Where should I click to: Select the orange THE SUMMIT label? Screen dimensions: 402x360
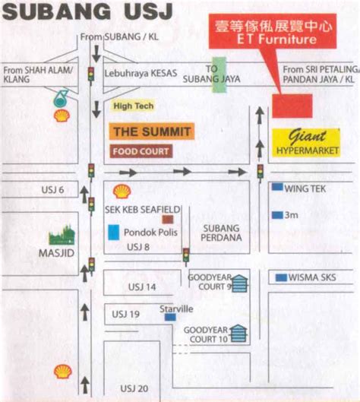tap(151, 131)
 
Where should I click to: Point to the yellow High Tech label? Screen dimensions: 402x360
tap(134, 106)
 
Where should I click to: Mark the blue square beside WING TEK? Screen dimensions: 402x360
tap(277, 187)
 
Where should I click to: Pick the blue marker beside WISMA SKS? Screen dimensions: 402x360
tap(281, 277)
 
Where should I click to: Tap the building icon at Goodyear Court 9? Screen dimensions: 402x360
tap(240, 283)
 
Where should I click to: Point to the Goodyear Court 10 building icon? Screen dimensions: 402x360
tap(240, 333)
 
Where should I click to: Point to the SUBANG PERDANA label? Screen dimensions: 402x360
tap(222, 232)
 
